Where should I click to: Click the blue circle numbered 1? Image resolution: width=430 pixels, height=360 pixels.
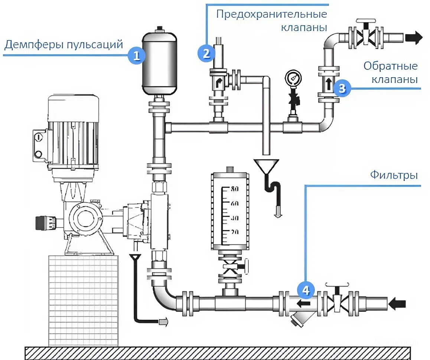tap(136, 56)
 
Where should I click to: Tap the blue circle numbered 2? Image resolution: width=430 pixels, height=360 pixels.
tap(206, 53)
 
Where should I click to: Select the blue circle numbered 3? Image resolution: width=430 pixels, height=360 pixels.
tap(342, 88)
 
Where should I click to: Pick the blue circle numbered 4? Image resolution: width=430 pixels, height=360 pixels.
tap(306, 289)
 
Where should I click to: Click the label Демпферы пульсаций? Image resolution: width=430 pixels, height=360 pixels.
tap(63, 44)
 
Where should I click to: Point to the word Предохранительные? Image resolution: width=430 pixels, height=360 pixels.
tap(271, 14)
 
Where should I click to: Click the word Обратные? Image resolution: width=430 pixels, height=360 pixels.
tap(391, 66)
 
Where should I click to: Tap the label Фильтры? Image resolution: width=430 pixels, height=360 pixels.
tap(394, 175)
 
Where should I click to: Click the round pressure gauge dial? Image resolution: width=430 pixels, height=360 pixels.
tap(293, 78)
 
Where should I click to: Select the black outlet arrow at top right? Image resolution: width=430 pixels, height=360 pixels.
tap(414, 37)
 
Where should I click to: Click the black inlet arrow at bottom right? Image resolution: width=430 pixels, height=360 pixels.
tap(397, 304)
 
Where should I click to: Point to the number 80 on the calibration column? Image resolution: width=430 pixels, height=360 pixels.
tap(235, 189)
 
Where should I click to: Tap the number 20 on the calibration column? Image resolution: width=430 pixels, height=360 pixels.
tap(235, 232)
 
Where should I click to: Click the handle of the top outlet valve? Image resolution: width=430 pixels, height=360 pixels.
tap(365, 21)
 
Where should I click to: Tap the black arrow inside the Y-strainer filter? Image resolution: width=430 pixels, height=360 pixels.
tap(304, 303)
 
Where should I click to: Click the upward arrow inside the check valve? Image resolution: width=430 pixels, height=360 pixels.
tap(328, 83)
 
